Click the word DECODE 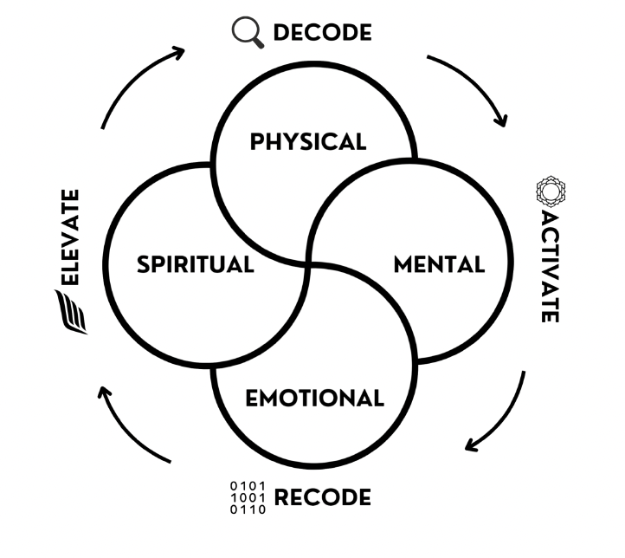(322, 33)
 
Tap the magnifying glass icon (247, 32)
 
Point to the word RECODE (322, 498)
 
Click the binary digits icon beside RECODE (248, 498)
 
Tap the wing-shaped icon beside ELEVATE (71, 312)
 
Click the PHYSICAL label (308, 141)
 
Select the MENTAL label (439, 264)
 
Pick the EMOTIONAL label (314, 399)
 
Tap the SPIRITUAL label (195, 264)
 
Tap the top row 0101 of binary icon (248, 486)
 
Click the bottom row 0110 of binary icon (248, 510)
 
